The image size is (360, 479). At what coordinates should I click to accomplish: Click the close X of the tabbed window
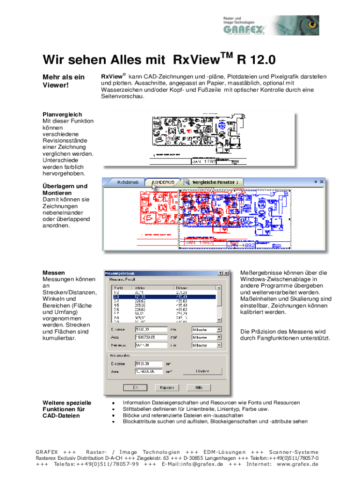322,181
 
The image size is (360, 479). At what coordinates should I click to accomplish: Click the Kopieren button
167,387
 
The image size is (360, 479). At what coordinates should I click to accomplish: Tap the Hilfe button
199,387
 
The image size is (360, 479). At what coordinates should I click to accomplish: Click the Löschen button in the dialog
202,371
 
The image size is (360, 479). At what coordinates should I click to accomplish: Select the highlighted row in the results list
162,296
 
